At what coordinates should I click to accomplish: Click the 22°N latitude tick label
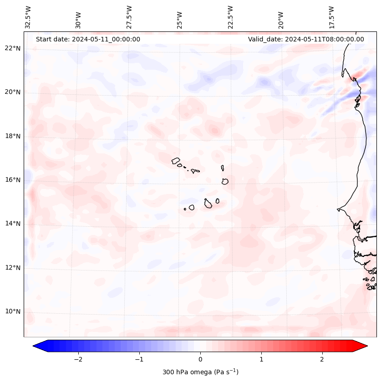point(13,48)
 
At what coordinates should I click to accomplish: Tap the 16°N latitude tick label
point(13,180)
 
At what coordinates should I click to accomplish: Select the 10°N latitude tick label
point(13,312)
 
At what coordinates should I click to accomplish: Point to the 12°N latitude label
point(13,268)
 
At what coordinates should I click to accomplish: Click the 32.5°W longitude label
point(28,17)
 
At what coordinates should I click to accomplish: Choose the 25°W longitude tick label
point(179,20)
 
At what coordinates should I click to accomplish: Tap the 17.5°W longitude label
point(331,17)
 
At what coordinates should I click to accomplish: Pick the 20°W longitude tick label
point(281,20)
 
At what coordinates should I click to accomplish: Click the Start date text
point(88,39)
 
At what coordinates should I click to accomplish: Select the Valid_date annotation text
point(306,39)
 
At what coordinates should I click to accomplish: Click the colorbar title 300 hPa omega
point(200,372)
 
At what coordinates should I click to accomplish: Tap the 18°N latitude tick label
point(13,136)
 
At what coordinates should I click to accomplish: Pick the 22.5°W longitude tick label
point(230,17)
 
